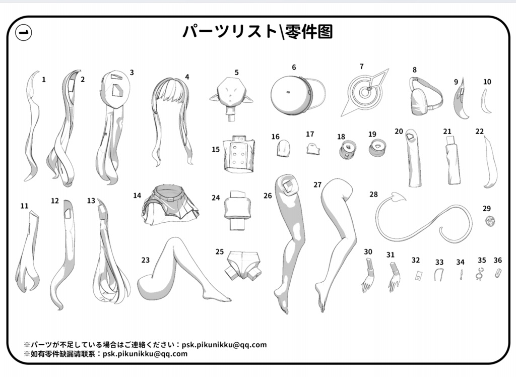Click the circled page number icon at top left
point(24,33)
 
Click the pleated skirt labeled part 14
point(170,206)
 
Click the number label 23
point(145,260)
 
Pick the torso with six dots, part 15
point(239,153)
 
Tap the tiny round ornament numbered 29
point(490,221)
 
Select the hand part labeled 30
point(368,275)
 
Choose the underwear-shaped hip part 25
point(243,266)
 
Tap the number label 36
point(497,261)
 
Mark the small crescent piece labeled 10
point(486,101)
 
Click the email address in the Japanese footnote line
point(224,345)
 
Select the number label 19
point(372,134)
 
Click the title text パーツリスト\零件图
point(257,32)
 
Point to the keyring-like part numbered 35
point(480,274)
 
